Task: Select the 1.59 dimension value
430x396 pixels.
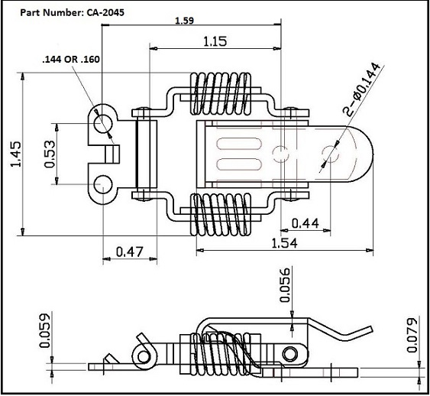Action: [183, 21]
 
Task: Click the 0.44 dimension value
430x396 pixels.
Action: [306, 222]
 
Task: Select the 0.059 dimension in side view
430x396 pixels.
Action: [45, 330]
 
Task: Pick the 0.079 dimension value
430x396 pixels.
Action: [412, 333]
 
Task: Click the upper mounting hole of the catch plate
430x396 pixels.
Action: [102, 122]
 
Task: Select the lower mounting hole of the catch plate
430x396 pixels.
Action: [102, 184]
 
